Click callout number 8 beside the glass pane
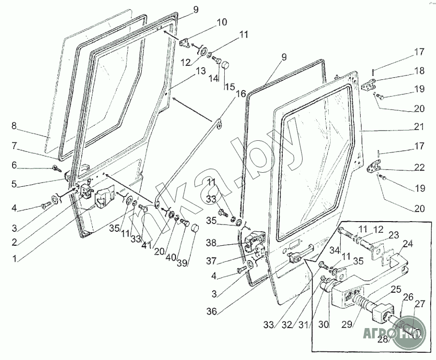tap(15, 126)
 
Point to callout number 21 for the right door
tap(419, 127)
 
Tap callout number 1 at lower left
tap(15, 258)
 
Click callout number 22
tap(419, 167)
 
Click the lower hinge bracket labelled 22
tap(373, 168)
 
